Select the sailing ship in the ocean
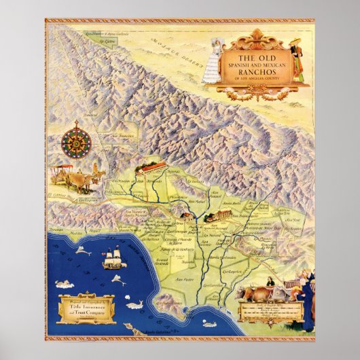coord(113,259)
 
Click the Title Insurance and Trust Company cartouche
coord(85,306)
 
